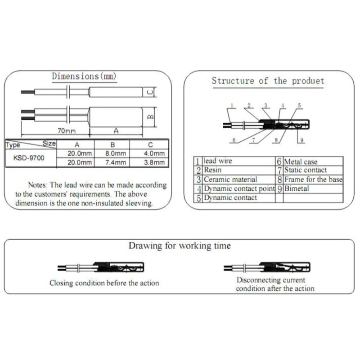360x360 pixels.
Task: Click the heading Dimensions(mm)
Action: (84, 76)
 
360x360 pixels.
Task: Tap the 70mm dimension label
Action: (66, 131)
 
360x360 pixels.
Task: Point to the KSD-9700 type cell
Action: (29, 158)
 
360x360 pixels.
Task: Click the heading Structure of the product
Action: (268, 81)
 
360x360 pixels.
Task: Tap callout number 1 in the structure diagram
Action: (232, 106)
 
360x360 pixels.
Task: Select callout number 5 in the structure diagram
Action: (299, 105)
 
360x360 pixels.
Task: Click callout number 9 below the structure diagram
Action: (302, 140)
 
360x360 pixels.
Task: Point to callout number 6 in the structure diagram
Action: (234, 140)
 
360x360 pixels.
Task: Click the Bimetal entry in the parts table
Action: (297, 189)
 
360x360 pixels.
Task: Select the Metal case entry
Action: (301, 162)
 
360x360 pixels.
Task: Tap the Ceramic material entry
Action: (230, 180)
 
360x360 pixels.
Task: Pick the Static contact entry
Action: (306, 170)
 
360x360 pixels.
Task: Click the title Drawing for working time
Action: (180, 246)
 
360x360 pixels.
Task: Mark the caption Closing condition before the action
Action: (104, 283)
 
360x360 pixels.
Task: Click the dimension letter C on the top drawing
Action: (150, 92)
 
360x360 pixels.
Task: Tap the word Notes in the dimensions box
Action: (37, 185)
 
